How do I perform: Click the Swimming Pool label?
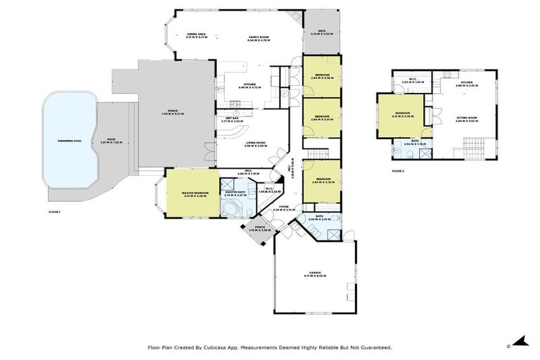tap(70, 141)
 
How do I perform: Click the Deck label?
tap(321, 32)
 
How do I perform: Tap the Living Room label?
tap(255, 145)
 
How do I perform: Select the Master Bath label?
tap(233, 192)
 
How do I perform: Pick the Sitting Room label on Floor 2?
tap(466, 120)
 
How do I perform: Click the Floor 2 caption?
tap(399, 171)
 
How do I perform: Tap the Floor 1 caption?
tap(55, 212)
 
